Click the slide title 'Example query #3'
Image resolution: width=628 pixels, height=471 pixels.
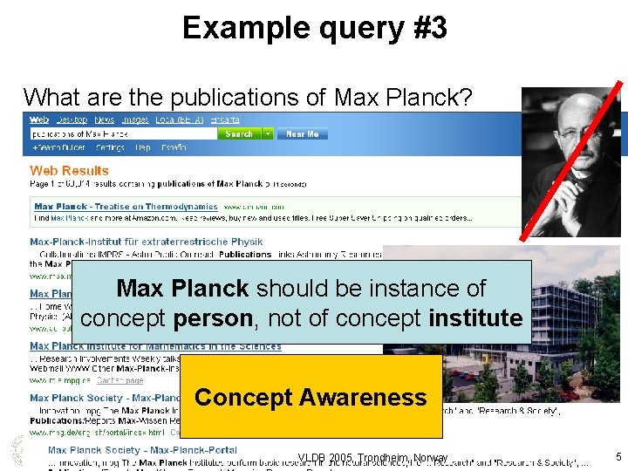(314, 28)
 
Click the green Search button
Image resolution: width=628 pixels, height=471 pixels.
(239, 133)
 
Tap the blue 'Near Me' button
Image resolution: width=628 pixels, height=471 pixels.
(302, 133)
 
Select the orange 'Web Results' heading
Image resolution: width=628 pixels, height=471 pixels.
(70, 171)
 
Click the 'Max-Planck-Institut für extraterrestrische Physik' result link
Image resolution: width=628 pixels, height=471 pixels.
(146, 242)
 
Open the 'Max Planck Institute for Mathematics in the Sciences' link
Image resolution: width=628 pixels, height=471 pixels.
(155, 346)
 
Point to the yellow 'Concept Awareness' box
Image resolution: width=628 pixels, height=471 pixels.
(311, 397)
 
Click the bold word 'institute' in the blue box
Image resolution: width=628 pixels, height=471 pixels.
(474, 318)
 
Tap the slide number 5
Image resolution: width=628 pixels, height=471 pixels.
(618, 456)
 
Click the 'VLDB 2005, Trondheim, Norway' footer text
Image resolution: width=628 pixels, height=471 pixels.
(372, 458)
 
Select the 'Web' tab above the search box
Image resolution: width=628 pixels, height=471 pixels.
(39, 119)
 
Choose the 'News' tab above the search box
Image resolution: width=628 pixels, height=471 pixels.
(104, 119)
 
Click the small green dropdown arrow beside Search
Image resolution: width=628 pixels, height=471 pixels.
(268, 133)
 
